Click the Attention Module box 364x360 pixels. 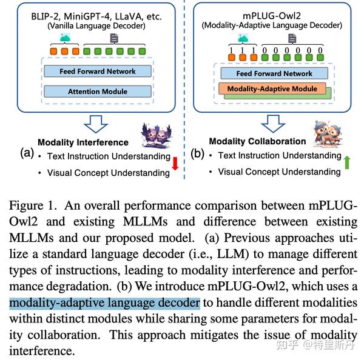pos(97,92)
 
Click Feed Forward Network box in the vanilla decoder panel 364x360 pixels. pos(97,72)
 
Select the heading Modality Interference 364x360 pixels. pos(83,143)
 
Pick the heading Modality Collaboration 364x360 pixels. pos(257,141)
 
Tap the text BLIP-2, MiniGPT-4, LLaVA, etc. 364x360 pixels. pos(97,17)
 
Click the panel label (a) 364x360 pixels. pos(27,152)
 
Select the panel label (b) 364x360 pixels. pos(198,153)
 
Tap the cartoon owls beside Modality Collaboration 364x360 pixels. pos(328,134)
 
